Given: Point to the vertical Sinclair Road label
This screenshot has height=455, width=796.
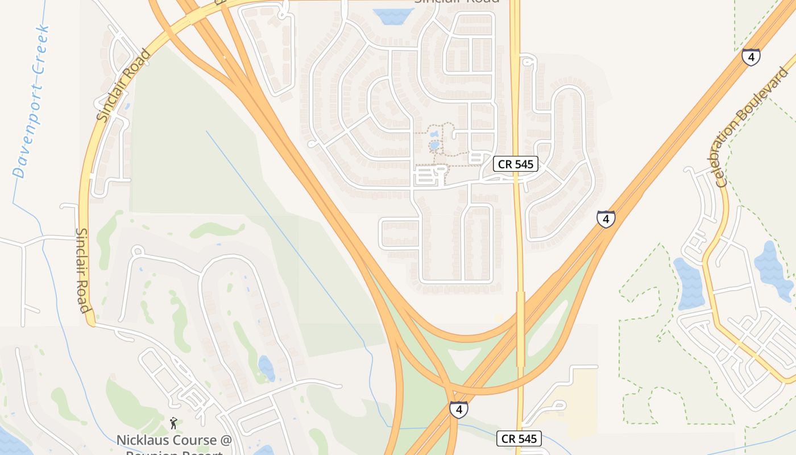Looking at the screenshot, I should tap(83, 271).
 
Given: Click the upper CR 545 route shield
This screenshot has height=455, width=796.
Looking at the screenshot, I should tap(515, 164).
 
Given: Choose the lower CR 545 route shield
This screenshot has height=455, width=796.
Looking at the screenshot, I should tap(519, 439).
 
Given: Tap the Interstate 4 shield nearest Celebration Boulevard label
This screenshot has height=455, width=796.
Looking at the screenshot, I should tap(751, 57).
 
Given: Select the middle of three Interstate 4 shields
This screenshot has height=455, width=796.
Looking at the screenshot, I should tap(606, 218).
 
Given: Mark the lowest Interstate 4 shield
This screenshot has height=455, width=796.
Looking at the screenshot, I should tap(459, 409).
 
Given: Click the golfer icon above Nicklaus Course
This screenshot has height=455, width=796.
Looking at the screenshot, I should tap(173, 423).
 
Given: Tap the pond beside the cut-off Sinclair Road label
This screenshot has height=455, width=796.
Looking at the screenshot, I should tap(388, 16).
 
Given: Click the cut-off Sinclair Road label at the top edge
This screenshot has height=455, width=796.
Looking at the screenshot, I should tap(457, 2).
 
